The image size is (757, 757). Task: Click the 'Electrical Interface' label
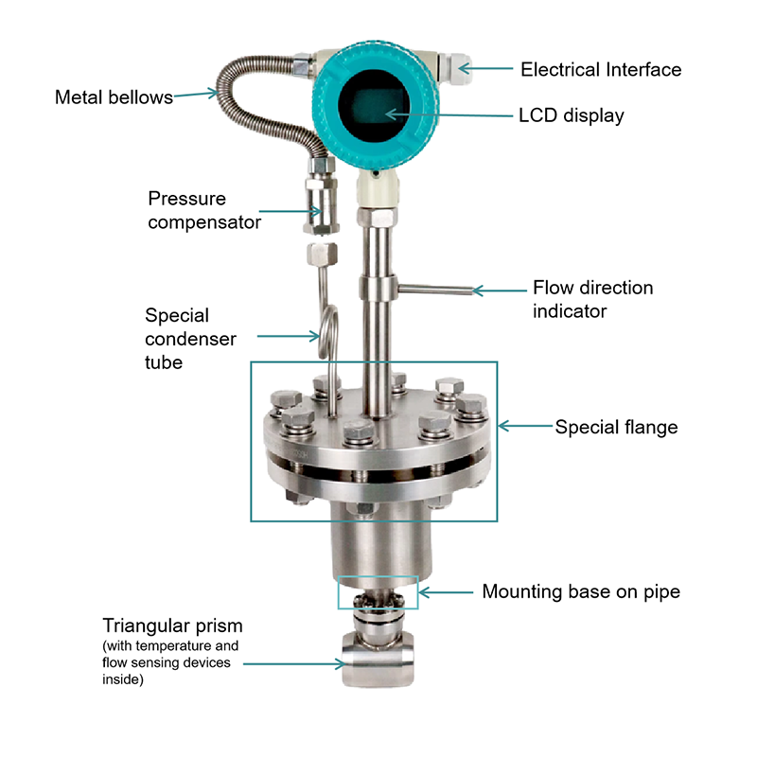601,69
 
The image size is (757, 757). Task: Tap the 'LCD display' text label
572,115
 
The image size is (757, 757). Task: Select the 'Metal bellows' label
114,97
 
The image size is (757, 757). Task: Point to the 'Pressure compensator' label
204,210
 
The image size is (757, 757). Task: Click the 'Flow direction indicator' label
593,299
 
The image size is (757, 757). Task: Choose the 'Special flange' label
617,428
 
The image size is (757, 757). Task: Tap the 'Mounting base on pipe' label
581,592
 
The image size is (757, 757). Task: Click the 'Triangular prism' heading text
172,626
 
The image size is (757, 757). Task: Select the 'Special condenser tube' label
190,339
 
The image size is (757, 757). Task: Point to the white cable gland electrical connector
455,68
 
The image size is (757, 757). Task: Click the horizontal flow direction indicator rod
434,290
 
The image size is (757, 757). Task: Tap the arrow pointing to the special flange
525,427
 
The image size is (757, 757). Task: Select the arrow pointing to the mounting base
446,592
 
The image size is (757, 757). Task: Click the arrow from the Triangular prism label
294,664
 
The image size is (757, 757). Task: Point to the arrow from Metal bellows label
196,94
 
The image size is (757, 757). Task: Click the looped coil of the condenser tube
328,332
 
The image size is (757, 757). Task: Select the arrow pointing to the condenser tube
289,336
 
